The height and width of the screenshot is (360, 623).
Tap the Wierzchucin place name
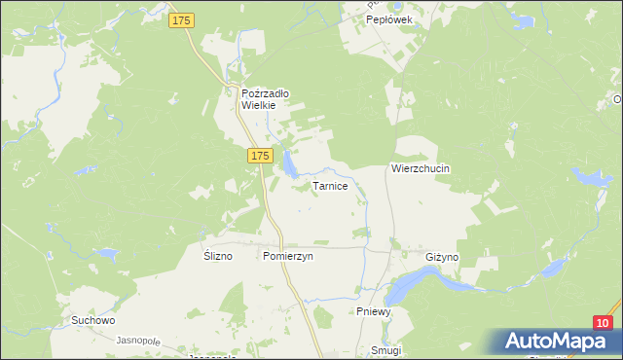[x=421, y=167]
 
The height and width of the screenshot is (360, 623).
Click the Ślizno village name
[x=219, y=256]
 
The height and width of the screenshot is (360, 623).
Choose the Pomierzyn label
[x=287, y=256]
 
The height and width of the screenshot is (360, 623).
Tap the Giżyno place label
[x=442, y=256]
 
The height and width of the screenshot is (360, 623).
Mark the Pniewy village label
[x=373, y=311]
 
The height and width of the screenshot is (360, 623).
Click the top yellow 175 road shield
[x=181, y=19]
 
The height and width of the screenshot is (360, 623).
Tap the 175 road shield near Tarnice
[x=258, y=156]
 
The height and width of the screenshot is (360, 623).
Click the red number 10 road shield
[x=604, y=323]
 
